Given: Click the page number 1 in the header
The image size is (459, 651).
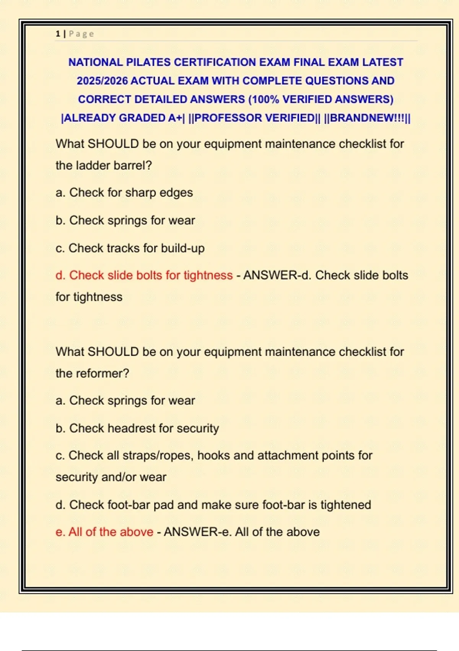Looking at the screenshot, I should [58, 34].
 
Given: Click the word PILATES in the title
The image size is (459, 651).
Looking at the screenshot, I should [148, 62].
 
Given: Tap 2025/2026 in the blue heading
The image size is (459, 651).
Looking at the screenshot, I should [102, 81].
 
